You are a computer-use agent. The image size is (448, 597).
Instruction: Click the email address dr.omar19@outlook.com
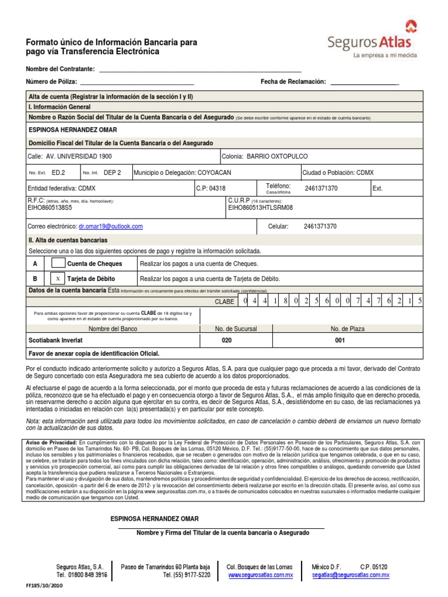coord(111,226)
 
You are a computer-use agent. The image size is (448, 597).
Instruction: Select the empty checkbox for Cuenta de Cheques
coord(59,264)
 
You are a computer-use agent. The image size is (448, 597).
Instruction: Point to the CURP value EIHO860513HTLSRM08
coord(261,208)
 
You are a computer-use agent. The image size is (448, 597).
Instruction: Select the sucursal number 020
coord(227,340)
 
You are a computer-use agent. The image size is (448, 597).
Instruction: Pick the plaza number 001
coord(339,340)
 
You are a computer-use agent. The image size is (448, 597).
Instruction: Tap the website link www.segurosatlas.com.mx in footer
coord(260,575)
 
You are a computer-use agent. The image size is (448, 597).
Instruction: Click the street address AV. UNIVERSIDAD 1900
coord(79,157)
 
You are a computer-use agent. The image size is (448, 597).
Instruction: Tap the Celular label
coord(277,226)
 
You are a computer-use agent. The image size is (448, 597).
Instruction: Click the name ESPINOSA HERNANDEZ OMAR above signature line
coord(155,519)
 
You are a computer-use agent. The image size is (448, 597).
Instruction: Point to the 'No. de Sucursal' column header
coord(236,329)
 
